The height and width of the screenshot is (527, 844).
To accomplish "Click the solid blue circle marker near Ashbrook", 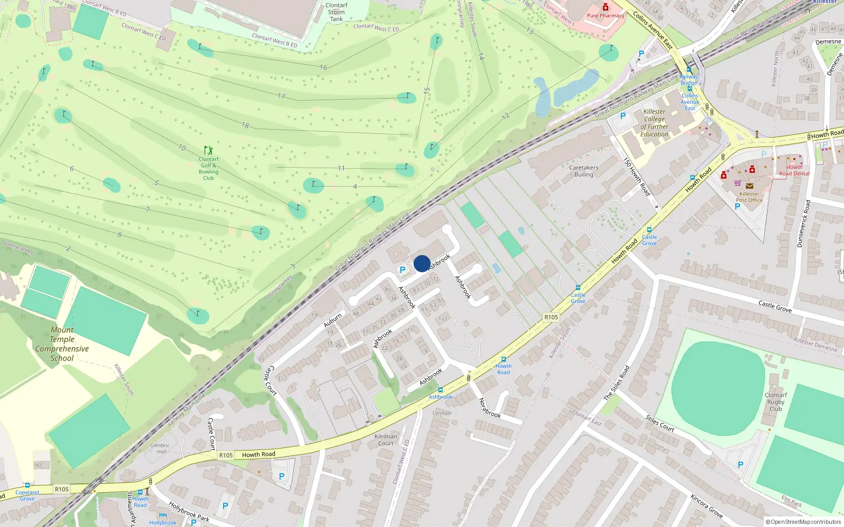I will (421, 263).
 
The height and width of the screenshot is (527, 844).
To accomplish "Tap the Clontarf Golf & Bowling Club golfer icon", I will (208, 151).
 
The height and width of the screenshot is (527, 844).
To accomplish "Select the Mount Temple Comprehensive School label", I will (62, 344).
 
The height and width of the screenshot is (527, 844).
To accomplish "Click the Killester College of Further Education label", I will (654, 123).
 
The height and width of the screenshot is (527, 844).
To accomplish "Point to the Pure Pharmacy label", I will (606, 16).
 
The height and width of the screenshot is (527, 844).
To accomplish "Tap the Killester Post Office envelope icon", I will (749, 186).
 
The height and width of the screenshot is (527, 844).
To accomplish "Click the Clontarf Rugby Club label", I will (775, 402).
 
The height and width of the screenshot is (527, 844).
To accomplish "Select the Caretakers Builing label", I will (584, 171).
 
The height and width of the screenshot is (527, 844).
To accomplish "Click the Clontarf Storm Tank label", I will (337, 12).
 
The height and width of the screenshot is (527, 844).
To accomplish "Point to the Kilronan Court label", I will (386, 440).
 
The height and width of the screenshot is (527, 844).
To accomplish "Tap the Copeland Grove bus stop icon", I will (27, 486).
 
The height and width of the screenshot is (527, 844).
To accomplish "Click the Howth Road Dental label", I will (794, 170).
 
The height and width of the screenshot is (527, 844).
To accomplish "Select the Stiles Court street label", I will (660, 423).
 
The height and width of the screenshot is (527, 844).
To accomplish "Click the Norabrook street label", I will (490, 408).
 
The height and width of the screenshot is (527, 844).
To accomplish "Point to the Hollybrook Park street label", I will (189, 512).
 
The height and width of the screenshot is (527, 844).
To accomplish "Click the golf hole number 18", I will (245, 125).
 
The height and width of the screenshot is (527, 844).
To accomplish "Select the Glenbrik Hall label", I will (159, 448).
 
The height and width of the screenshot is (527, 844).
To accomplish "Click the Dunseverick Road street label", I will (803, 223).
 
